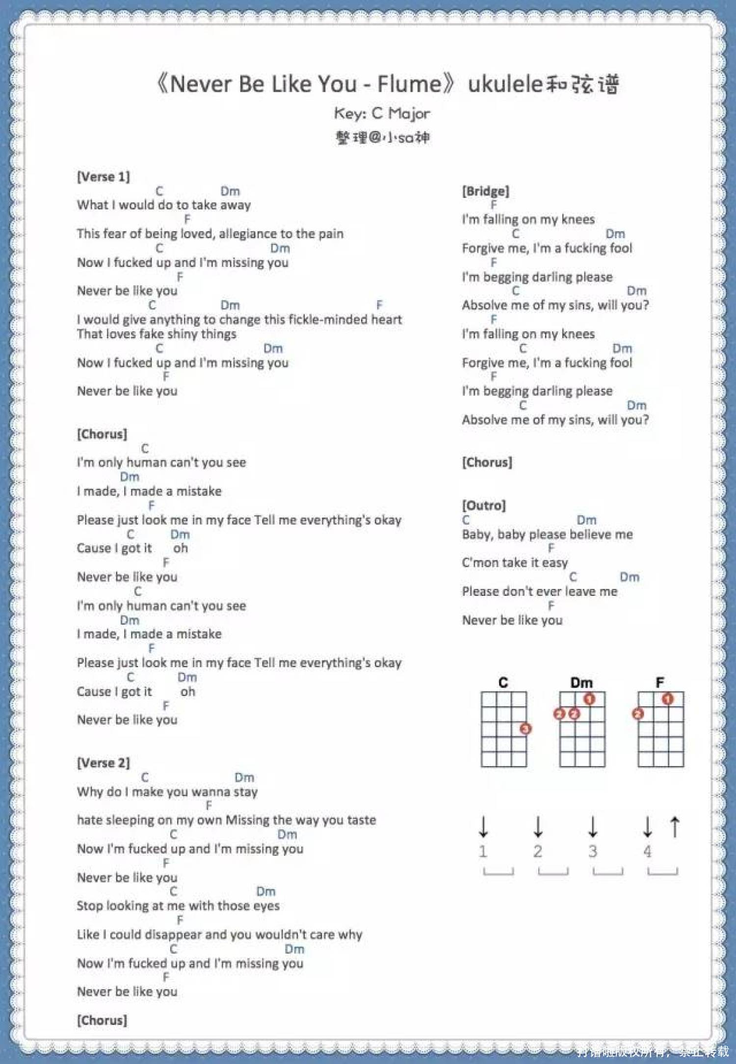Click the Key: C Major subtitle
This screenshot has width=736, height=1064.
pos(382,114)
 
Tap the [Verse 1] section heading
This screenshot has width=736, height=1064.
pos(103,177)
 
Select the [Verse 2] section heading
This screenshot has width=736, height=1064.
pos(103,763)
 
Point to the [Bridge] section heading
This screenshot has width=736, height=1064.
pos(485,191)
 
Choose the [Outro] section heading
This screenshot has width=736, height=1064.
pos(484,505)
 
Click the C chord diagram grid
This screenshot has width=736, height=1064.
pos(503,729)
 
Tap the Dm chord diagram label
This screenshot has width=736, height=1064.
pos(581,683)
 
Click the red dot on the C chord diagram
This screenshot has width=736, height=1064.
pos(526,729)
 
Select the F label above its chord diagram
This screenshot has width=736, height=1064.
pos(660,683)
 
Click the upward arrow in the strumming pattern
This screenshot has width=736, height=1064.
pos(675,826)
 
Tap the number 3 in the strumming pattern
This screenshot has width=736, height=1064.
pos(593,851)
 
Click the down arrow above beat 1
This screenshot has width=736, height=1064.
pos(484,826)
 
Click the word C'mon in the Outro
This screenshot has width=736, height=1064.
pos(479,563)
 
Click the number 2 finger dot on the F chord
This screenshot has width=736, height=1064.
pos(638,714)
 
